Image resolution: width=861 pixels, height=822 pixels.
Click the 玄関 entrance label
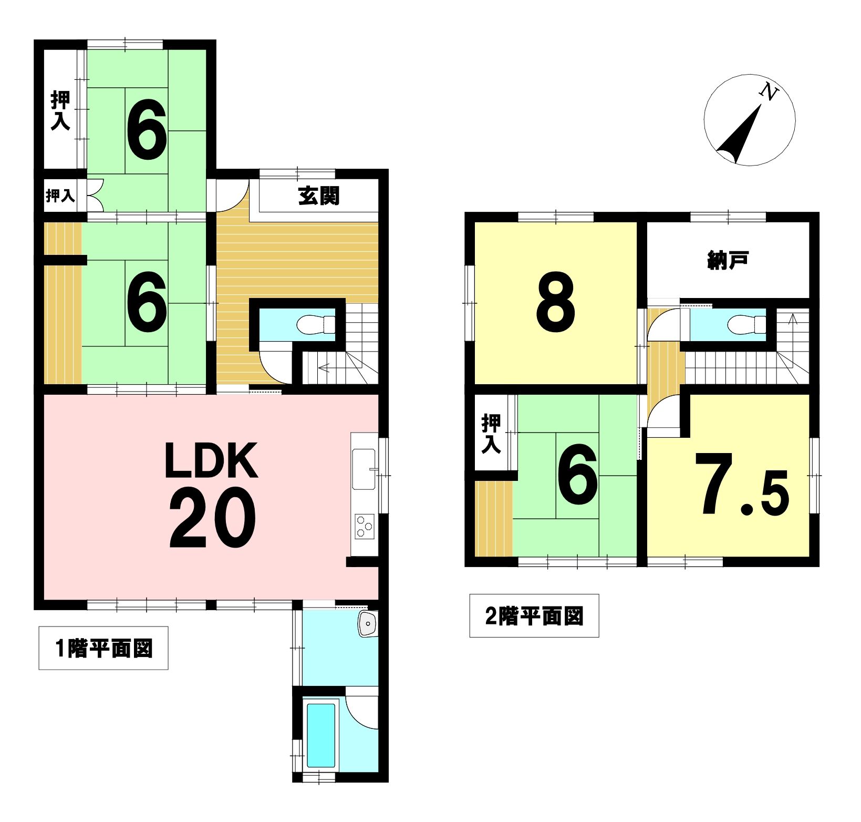coord(319,196)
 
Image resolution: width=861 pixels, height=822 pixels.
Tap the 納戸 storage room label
coord(728,260)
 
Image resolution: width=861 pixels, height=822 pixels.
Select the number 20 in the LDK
coord(213,518)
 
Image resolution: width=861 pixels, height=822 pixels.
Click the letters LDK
coord(211,460)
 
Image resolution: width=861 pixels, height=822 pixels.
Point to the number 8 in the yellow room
coord(556,302)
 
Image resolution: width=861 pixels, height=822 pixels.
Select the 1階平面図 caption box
coord(103,648)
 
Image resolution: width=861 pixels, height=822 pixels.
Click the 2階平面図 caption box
coord(534,615)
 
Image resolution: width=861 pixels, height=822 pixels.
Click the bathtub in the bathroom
coord(321,735)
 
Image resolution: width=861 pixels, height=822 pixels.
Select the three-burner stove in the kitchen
coord(364,526)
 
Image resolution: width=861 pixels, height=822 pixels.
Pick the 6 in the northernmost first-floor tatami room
coord(147,130)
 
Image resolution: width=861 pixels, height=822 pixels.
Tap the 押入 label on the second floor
coord(491,433)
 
